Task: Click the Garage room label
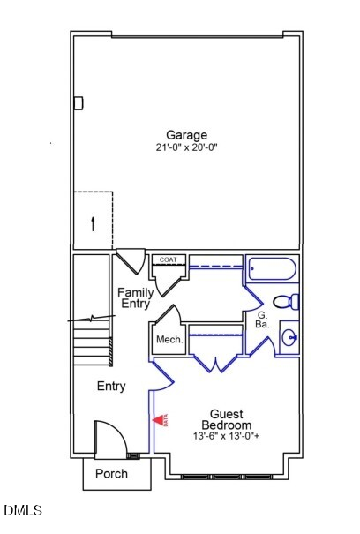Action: pyautogui.click(x=186, y=135)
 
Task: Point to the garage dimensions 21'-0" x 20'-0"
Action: pyautogui.click(x=186, y=148)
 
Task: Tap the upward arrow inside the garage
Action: pyautogui.click(x=94, y=222)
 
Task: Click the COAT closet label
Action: pyautogui.click(x=169, y=259)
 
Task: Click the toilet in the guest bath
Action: pyautogui.click(x=287, y=302)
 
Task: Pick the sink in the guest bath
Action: pyautogui.click(x=289, y=337)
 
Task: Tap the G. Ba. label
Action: pyautogui.click(x=263, y=320)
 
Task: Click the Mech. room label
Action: pyautogui.click(x=169, y=340)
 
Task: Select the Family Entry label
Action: pyautogui.click(x=136, y=297)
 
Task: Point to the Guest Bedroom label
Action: pyautogui.click(x=227, y=419)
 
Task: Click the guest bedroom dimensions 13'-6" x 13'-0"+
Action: pyautogui.click(x=227, y=436)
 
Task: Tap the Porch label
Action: pyautogui.click(x=111, y=474)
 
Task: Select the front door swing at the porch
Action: pyautogui.click(x=109, y=439)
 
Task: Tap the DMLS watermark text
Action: pyautogui.click(x=23, y=510)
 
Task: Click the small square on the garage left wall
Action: pyautogui.click(x=78, y=103)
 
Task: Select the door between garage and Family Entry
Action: pyautogui.click(x=131, y=261)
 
